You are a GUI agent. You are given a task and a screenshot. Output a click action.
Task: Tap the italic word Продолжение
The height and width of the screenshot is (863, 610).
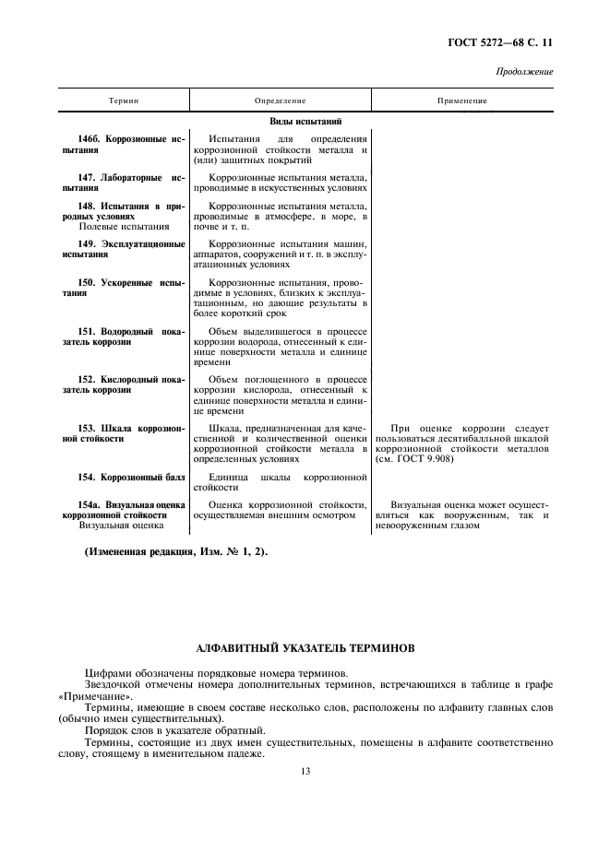click(x=524, y=71)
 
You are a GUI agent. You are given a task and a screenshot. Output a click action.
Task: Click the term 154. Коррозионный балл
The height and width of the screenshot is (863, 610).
click(x=131, y=478)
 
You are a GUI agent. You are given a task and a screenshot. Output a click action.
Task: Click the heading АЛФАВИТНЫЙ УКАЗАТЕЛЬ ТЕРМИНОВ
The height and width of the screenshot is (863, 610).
click(x=305, y=648)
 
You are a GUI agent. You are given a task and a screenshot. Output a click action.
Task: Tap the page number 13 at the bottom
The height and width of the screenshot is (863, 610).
click(x=305, y=773)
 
